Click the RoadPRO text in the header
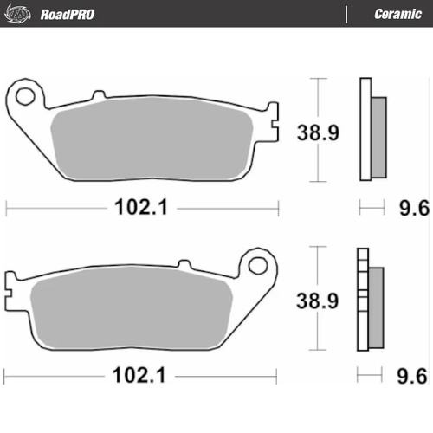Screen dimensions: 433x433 click(x=67, y=14)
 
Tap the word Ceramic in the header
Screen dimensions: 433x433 click(x=397, y=14)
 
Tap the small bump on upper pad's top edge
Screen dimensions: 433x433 click(x=98, y=94)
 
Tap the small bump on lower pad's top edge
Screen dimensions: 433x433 click(x=184, y=262)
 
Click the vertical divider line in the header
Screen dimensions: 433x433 click(x=346, y=14)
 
